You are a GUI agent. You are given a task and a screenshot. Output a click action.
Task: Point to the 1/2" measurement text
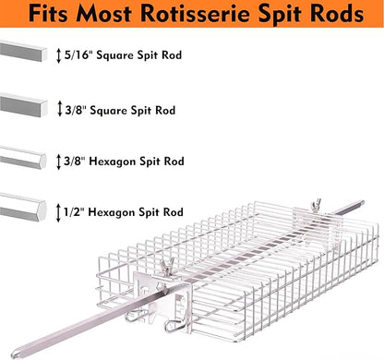pyautogui.click(x=78, y=211)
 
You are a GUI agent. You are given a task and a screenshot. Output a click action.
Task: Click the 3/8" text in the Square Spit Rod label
pyautogui.click(x=78, y=110)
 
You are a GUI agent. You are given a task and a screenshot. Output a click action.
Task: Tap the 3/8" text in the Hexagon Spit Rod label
pyautogui.click(x=78, y=161)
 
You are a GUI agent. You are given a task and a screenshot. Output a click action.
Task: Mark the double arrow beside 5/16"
pyautogui.click(x=60, y=54)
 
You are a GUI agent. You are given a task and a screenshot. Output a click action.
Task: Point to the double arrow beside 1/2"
pyautogui.click(x=60, y=211)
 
